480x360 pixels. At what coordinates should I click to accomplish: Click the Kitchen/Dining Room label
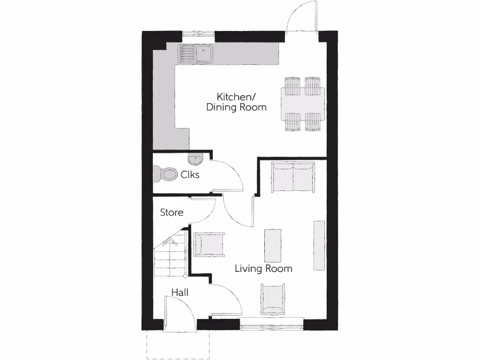pos(236,102)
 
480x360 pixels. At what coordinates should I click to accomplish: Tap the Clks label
pos(190,175)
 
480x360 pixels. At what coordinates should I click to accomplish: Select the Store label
pos(172,212)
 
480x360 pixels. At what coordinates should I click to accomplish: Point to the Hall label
pos(180,292)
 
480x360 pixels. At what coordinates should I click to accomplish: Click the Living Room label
pos(263,269)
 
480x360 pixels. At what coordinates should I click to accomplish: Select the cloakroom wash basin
pos(195,160)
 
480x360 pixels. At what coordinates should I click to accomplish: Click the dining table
pos(302,103)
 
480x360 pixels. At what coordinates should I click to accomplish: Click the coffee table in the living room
pos(273,245)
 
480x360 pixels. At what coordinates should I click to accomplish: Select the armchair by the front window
pos(273,299)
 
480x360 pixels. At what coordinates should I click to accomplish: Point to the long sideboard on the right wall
pos(319,245)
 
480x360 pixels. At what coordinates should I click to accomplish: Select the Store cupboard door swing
pos(202,210)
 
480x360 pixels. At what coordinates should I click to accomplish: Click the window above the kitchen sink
pos(199,33)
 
